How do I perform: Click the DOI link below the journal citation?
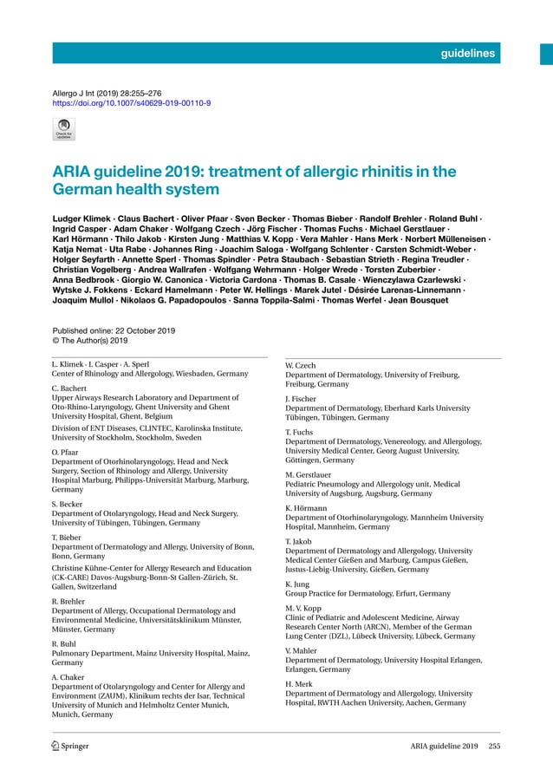[x=131, y=102]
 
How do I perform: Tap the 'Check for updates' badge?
[x=63, y=129]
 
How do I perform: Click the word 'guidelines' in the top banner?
[x=467, y=54]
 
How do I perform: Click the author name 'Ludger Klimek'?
[x=81, y=215]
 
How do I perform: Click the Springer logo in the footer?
[x=70, y=746]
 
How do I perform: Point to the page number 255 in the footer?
[x=494, y=746]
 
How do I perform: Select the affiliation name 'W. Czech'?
[x=301, y=366]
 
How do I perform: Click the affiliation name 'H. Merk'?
[x=299, y=684]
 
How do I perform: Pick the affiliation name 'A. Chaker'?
[x=68, y=676]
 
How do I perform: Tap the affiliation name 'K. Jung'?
[x=299, y=584]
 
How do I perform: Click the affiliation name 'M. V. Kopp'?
[x=304, y=608]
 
